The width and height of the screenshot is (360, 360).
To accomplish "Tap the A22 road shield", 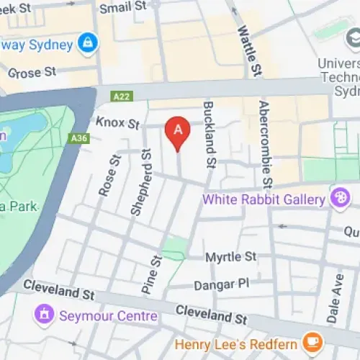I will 123,96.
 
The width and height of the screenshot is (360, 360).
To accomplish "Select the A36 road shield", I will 79,138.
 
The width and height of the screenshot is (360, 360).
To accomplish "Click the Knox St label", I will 117,124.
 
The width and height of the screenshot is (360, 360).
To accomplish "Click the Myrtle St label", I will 230,257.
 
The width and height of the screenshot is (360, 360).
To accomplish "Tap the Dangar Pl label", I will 222,284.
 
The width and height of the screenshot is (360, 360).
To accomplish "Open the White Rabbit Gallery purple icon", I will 338,197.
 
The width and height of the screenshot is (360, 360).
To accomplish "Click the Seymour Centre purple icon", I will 45,315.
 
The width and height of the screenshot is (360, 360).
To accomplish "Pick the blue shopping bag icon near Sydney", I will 88,42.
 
